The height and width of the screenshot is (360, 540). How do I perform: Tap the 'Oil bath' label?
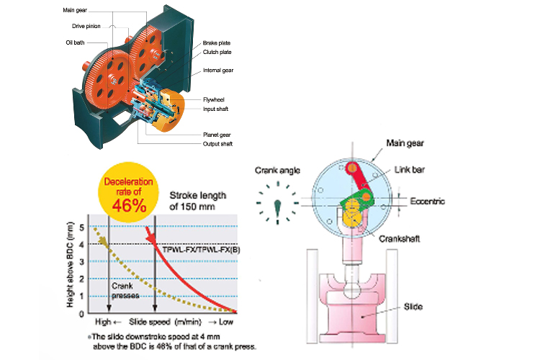(76, 42)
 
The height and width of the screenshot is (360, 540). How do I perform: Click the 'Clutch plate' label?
(217, 53)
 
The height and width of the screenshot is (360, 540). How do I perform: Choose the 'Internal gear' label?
(218, 71)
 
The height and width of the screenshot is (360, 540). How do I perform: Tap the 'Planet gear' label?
(216, 135)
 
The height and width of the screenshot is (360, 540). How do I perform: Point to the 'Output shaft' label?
(217, 143)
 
